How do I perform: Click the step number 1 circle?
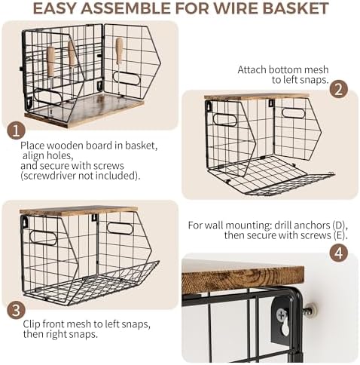(16, 131)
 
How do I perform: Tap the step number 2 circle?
(339, 90)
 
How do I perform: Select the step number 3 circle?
(16, 310)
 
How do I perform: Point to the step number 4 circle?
(339, 253)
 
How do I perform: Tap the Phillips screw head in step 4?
(282, 314)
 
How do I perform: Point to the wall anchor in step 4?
(310, 311)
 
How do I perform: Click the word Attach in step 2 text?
(252, 69)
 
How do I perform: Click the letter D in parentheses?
(339, 225)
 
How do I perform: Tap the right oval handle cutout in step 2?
(293, 113)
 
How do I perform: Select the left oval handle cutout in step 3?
(43, 238)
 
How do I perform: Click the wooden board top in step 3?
(78, 210)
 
